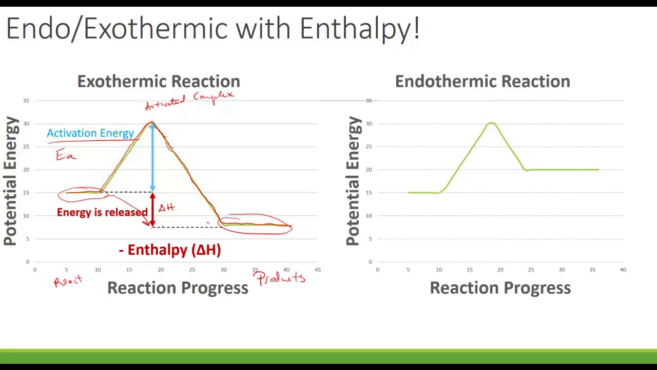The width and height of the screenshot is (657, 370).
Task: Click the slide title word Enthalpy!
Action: [359, 29]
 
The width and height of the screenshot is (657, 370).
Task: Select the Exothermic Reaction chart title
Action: [159, 81]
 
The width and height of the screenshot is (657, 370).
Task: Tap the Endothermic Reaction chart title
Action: [482, 81]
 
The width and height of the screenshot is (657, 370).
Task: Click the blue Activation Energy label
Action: [90, 133]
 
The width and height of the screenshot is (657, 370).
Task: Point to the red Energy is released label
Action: [102, 212]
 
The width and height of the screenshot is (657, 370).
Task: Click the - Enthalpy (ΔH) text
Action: [170, 250]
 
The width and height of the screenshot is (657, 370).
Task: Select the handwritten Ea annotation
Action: [66, 155]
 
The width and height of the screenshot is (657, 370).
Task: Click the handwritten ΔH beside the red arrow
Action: [166, 208]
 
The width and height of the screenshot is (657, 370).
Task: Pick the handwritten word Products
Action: [280, 279]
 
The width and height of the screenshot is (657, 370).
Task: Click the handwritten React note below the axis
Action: [68, 281]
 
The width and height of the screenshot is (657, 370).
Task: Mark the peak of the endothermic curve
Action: [491, 123]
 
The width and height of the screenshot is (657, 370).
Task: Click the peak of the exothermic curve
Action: [152, 123]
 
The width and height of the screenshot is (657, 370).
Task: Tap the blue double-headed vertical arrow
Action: [152, 157]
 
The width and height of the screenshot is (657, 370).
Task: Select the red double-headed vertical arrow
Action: [152, 210]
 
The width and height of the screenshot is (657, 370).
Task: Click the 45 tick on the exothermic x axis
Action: [318, 269]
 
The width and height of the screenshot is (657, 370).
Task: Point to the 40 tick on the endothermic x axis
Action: [623, 269]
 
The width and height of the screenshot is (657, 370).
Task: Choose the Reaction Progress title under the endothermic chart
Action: [500, 288]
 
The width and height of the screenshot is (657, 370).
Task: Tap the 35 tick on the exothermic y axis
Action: [26, 101]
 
